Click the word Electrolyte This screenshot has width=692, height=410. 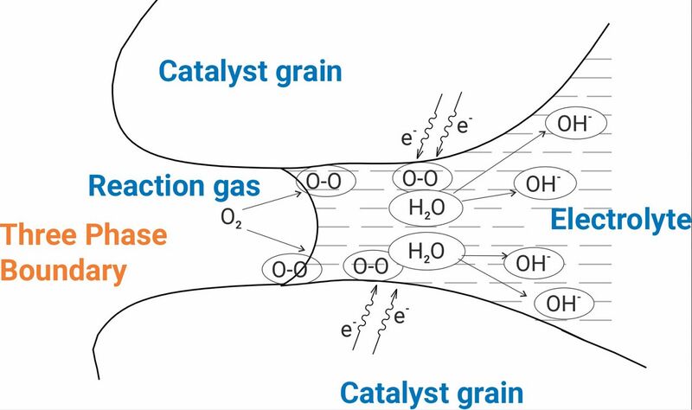tap(621, 220)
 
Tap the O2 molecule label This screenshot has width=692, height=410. tap(231, 218)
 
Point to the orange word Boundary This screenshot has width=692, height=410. tap(63, 271)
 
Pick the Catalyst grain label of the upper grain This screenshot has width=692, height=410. tap(250, 72)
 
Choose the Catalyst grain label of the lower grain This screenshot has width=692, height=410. tap(432, 394)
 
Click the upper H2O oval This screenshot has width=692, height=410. tap(426, 208)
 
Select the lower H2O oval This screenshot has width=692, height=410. tap(426, 251)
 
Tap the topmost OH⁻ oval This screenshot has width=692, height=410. tap(576, 123)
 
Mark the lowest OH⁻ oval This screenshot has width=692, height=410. tap(564, 304)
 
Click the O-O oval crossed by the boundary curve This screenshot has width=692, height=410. tap(292, 269)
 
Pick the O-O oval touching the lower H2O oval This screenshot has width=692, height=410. tap(372, 266)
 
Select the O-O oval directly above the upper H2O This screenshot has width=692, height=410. tap(422, 178)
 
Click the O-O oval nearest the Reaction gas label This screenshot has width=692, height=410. tap(325, 181)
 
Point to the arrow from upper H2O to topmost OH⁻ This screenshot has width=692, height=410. tap(500, 162)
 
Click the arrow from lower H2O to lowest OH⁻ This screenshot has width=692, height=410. tap(492, 278)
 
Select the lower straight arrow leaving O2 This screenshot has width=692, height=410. tap(276, 240)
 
